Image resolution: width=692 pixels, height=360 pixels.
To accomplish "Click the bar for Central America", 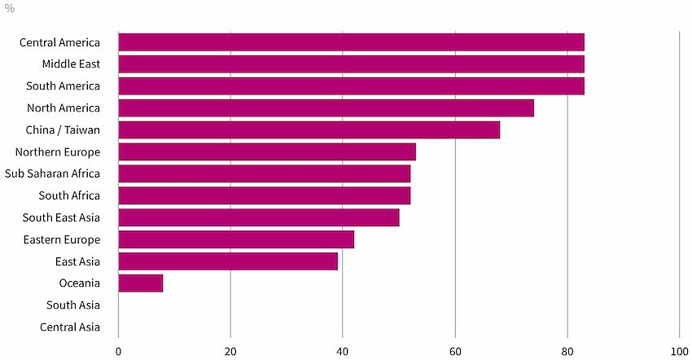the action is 352,42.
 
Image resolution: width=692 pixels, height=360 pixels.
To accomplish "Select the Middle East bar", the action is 352,64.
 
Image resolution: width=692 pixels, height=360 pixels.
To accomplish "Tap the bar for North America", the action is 326,108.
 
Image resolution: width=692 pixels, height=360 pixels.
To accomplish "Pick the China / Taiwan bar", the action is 309,130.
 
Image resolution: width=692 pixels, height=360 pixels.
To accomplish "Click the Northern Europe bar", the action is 267,152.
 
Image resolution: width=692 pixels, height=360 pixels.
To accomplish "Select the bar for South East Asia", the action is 259,217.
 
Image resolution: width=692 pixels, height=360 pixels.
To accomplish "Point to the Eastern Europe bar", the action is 236,239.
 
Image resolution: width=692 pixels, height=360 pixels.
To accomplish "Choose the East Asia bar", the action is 228,261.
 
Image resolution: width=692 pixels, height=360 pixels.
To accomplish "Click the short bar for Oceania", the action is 141,283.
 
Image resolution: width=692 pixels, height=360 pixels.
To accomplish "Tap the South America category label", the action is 64,86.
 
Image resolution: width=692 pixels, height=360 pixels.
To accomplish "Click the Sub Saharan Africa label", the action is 53,173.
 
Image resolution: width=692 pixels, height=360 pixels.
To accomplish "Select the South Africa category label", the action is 69,195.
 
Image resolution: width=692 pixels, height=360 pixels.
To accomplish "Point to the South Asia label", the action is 73,305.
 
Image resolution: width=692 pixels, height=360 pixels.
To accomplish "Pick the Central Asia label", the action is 70,327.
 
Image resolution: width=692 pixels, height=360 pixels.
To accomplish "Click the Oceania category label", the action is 80,283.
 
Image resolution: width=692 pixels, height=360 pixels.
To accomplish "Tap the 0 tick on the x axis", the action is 118,352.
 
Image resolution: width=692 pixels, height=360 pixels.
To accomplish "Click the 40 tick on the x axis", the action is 343,352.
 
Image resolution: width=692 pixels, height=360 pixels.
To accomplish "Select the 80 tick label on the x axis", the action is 567,352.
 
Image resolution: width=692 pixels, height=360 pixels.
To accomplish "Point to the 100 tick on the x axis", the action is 680,352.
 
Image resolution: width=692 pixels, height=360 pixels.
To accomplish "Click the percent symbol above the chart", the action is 9,8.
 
